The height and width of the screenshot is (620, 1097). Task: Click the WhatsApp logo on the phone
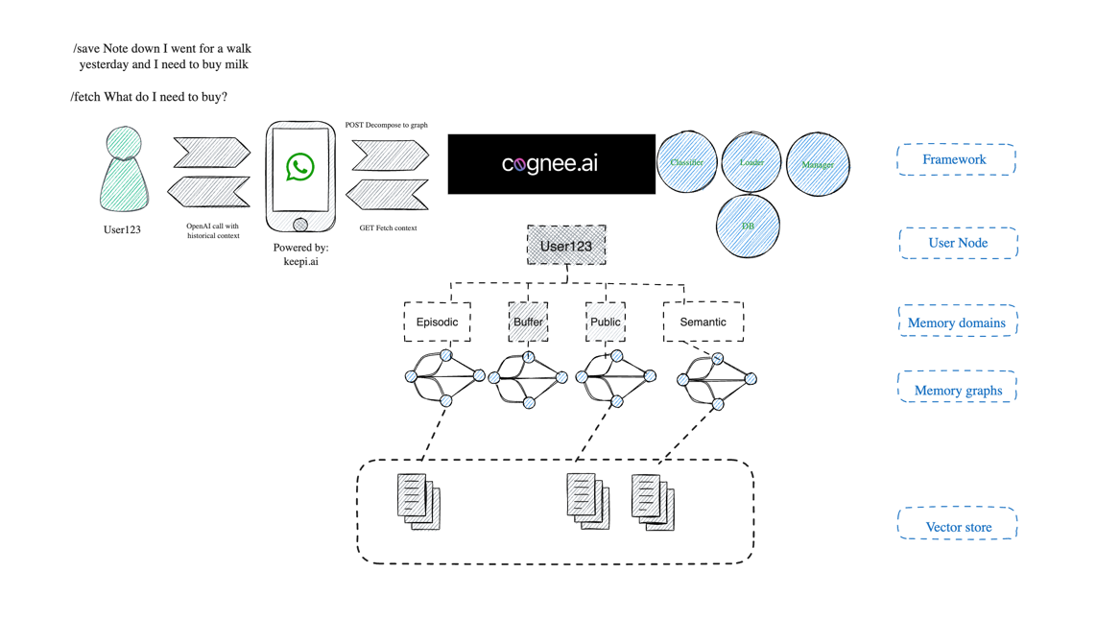[x=300, y=167]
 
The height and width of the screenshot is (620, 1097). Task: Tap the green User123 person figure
[x=124, y=173]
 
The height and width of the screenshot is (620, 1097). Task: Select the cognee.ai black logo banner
[x=551, y=164]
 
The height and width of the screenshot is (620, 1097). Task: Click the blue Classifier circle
[x=686, y=162]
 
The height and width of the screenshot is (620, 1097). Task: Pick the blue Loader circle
[x=751, y=162]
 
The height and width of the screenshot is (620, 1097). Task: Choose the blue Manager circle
[x=818, y=164]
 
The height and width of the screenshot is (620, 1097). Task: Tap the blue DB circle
[x=748, y=226]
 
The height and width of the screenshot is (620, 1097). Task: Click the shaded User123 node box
[x=566, y=246]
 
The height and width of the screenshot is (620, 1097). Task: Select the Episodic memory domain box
[x=437, y=322]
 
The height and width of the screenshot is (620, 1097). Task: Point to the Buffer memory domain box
[x=528, y=322]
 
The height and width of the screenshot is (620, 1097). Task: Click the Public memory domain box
[x=605, y=322]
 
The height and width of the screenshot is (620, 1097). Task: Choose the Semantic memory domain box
[x=703, y=322]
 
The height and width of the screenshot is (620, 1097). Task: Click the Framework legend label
[x=955, y=159]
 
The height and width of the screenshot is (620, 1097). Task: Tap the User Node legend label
[x=958, y=243]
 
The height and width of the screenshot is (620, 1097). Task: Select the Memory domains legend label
[x=957, y=322]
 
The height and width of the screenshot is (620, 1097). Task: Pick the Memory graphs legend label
[x=958, y=391]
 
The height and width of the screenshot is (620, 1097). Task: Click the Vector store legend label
[x=958, y=526]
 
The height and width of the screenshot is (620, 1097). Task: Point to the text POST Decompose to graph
[x=386, y=125]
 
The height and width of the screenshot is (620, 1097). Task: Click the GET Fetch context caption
[x=388, y=228]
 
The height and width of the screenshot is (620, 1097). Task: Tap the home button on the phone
[x=300, y=225]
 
